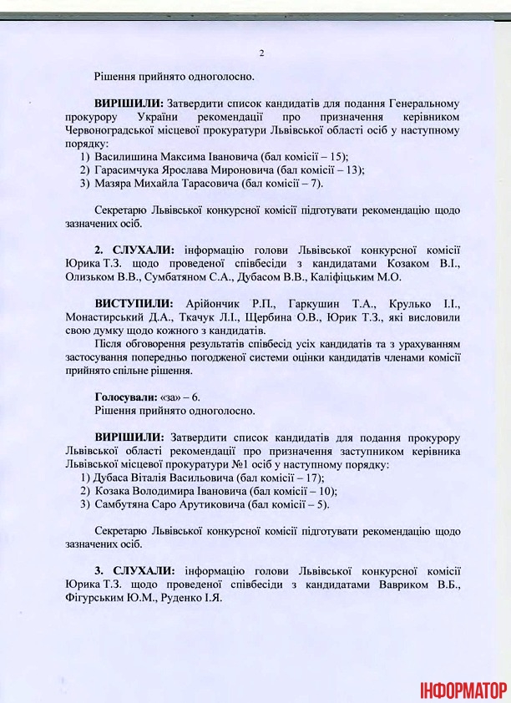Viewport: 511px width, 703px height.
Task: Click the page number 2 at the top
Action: coord(261,53)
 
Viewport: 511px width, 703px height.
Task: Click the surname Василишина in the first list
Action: coord(124,156)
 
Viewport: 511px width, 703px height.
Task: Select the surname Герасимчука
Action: coord(128,169)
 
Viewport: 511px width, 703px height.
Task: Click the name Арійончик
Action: coord(220,303)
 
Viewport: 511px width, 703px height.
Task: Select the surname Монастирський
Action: coord(104,316)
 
